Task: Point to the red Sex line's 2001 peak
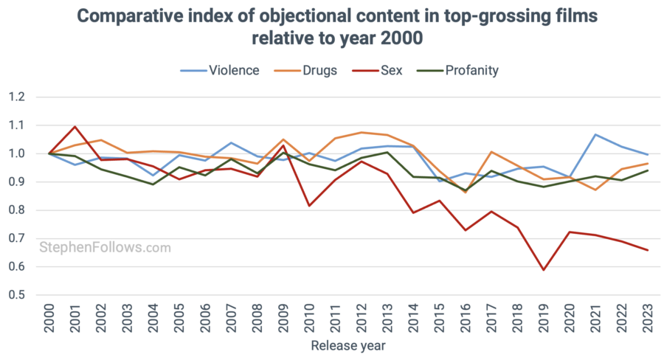tap(75, 127)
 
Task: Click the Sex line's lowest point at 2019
tap(544, 270)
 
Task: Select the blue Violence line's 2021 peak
tap(595, 135)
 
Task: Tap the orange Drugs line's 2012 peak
tap(362, 133)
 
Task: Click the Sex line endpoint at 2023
tap(648, 250)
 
